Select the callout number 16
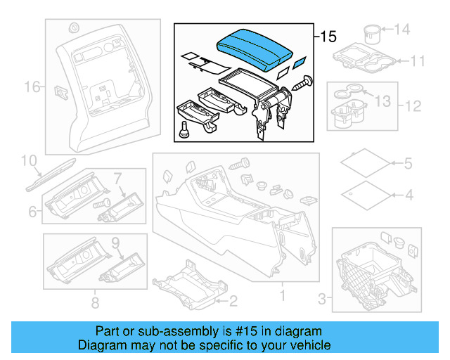pyautogui.click(x=32, y=87)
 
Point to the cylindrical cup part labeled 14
pyautogui.click(x=371, y=34)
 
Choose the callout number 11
pyautogui.click(x=418, y=61)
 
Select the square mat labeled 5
pyautogui.click(x=365, y=163)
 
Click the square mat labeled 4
pyautogui.click(x=365, y=193)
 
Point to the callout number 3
pyautogui.click(x=323, y=300)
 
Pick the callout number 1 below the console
pyautogui.click(x=282, y=296)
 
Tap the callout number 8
pyautogui.click(x=95, y=304)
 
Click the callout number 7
pyautogui.click(x=118, y=177)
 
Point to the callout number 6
pyautogui.click(x=33, y=212)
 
